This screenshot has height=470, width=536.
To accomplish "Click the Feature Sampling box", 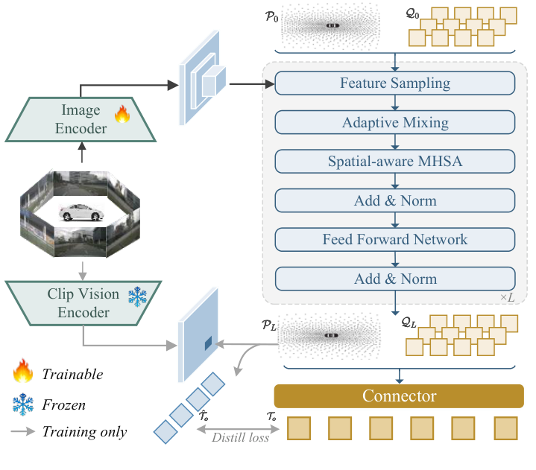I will [x=395, y=83].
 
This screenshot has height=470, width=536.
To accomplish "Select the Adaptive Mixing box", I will [x=395, y=122].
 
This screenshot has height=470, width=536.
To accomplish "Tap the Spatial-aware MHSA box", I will [x=395, y=162].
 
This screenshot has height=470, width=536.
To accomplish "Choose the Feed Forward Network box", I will [x=395, y=240].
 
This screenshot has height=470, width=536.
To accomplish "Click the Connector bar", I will [x=399, y=396].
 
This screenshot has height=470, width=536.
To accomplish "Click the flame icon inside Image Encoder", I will [x=122, y=114].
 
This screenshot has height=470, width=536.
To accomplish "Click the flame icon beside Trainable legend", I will [x=22, y=373].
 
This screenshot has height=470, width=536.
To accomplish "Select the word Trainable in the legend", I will [x=72, y=374].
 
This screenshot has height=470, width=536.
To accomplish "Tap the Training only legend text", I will [x=84, y=431].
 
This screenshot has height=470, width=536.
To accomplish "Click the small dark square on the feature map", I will [x=208, y=343].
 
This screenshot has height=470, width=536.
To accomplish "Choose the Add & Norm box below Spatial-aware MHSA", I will [x=395, y=200].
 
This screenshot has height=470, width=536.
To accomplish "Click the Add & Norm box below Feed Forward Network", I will [x=395, y=279].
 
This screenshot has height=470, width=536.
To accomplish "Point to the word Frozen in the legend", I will [x=63, y=405].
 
